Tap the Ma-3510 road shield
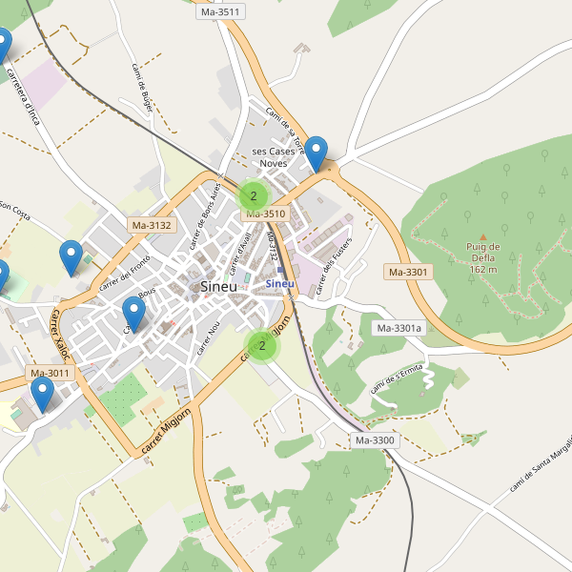tap(266, 214)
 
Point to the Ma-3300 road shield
tap(375, 440)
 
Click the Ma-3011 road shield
tap(50, 373)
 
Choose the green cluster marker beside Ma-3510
tap(253, 196)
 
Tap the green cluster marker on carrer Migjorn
tap(262, 346)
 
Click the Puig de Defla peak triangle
tap(482, 235)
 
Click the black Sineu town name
tap(219, 286)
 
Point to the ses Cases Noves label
tap(274, 157)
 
